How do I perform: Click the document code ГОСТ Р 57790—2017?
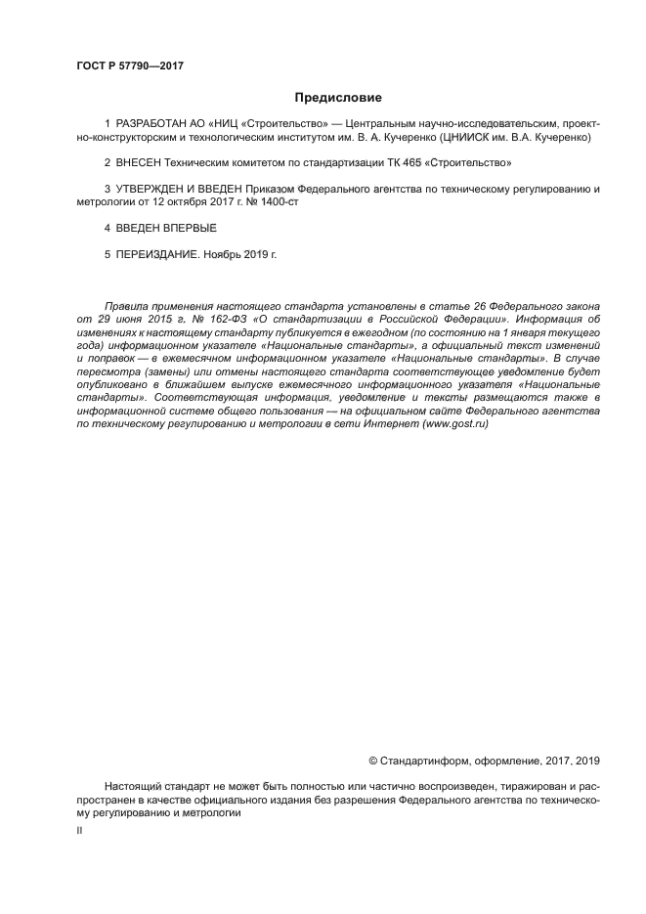129,65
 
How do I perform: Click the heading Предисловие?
338,98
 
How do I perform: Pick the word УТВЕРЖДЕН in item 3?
153,189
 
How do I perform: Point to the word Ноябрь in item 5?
222,253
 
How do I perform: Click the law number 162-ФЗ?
231,319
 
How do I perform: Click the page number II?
79,829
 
